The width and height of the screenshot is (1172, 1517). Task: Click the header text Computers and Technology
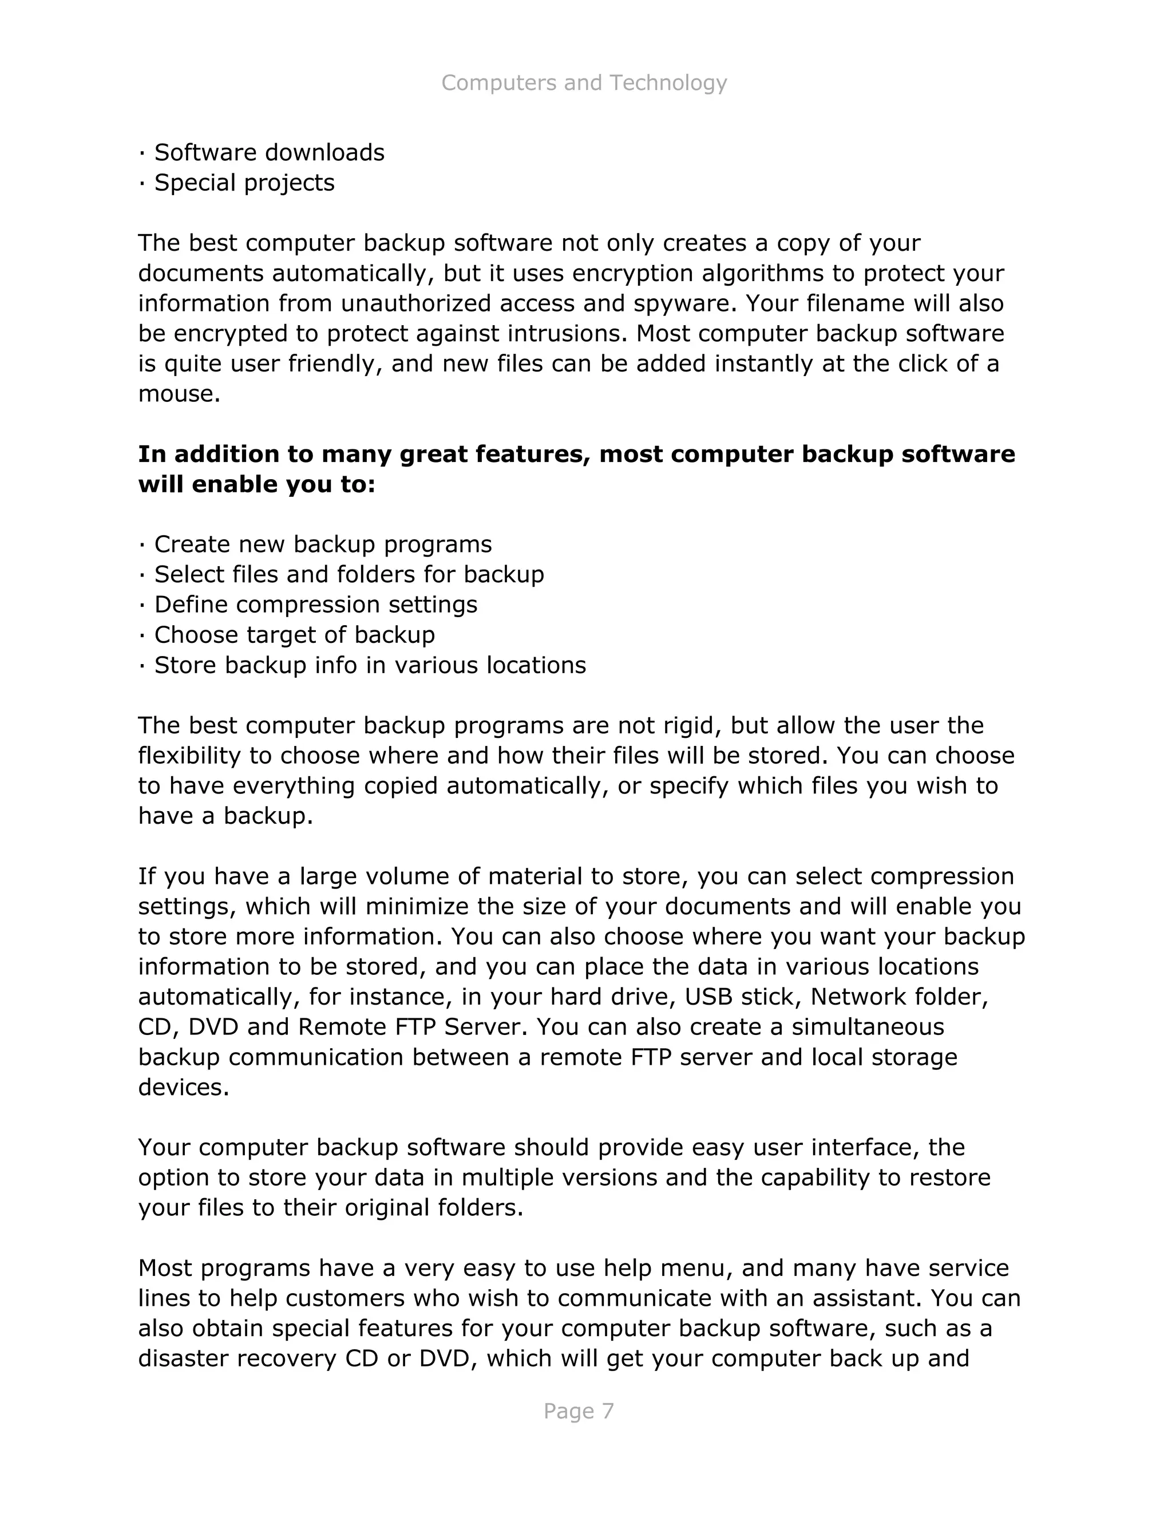click(584, 82)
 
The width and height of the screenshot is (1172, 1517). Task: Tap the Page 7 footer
click(579, 1411)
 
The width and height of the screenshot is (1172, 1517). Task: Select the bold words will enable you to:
click(256, 484)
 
